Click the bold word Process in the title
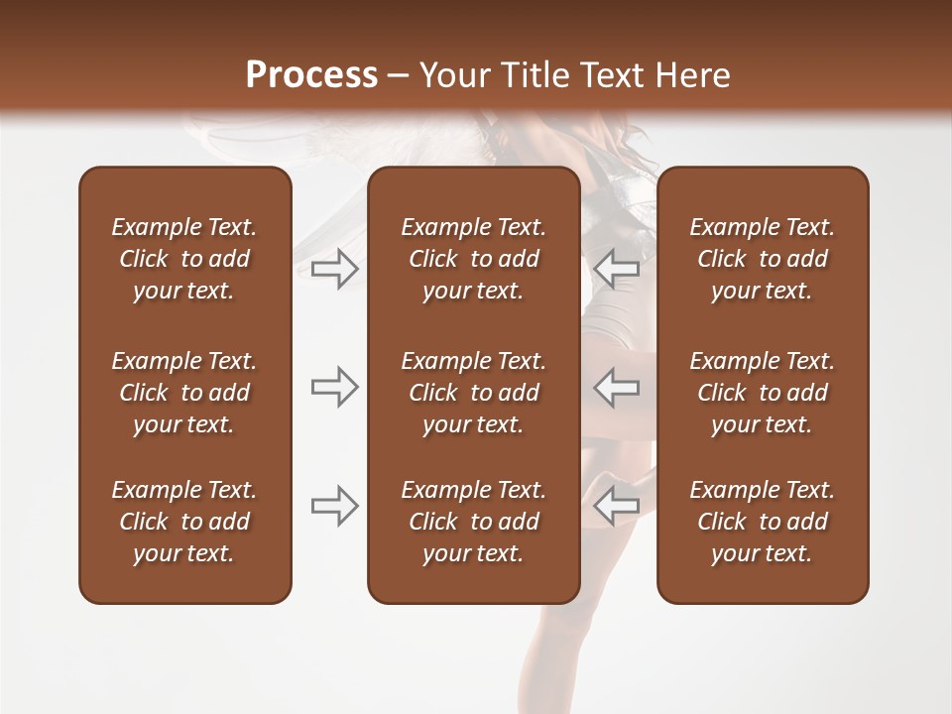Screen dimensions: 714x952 311,75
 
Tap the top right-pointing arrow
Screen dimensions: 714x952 334,269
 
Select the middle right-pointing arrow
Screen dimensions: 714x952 334,387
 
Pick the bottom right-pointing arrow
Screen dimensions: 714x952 334,506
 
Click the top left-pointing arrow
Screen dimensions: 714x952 617,269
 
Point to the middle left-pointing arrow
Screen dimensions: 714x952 617,387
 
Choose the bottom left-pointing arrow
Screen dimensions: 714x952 617,506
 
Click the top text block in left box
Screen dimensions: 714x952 184,259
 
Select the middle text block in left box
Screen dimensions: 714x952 184,393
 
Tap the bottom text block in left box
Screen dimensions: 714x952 184,522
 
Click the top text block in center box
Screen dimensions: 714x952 473,259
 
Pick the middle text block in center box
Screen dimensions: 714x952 473,393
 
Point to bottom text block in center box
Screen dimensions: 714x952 473,522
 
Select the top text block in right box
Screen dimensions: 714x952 762,259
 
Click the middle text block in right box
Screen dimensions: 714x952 762,393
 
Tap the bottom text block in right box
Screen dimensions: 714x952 762,522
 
